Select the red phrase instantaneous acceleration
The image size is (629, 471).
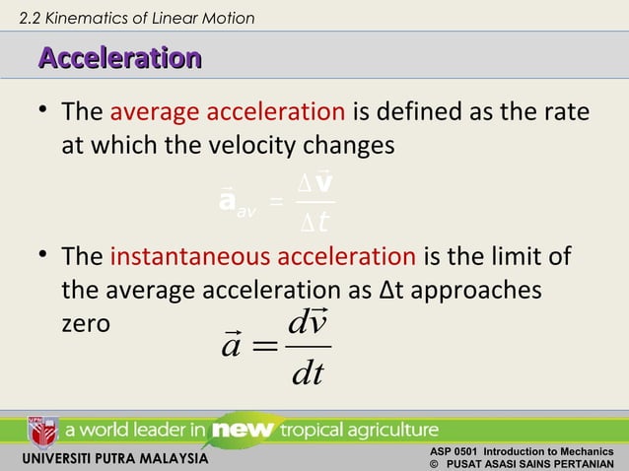point(263,259)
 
